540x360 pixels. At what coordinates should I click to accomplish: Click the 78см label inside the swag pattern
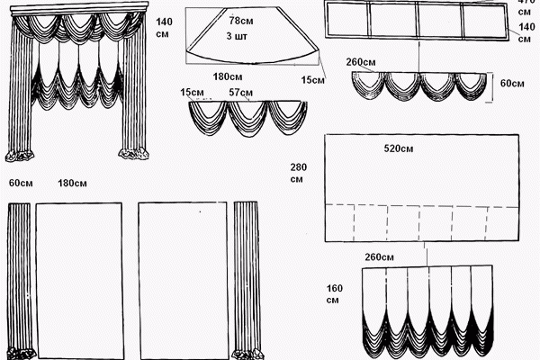(241, 21)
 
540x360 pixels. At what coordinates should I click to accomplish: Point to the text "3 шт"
(237, 36)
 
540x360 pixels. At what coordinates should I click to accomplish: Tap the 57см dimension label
(240, 93)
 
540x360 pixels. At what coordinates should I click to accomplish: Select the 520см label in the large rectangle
(399, 148)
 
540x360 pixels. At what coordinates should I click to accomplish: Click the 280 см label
(298, 173)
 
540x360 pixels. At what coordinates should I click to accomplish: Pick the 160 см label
(335, 294)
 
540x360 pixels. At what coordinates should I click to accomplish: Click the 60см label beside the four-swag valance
(512, 84)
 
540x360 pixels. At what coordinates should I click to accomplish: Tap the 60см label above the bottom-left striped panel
(21, 183)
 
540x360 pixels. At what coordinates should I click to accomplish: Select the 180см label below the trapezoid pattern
(228, 76)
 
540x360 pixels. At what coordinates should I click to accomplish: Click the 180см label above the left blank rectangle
(72, 183)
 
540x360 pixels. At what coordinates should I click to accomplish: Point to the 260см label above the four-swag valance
(361, 62)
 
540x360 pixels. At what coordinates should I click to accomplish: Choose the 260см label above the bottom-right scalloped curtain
(379, 257)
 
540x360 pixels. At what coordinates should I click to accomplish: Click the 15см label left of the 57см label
(192, 93)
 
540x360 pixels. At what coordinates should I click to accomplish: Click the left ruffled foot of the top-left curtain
(20, 156)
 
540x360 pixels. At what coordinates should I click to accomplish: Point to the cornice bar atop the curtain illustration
(79, 9)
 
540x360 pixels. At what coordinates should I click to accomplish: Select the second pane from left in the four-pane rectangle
(393, 19)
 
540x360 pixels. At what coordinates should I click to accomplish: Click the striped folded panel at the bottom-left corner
(20, 281)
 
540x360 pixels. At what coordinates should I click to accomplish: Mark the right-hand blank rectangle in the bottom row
(183, 281)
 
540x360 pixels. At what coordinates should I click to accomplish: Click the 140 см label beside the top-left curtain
(164, 28)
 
